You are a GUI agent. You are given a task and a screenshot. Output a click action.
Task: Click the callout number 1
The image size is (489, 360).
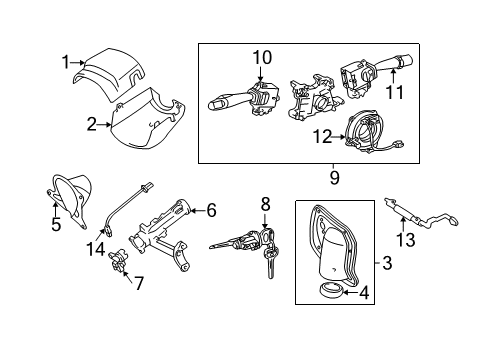pyautogui.click(x=66, y=62)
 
